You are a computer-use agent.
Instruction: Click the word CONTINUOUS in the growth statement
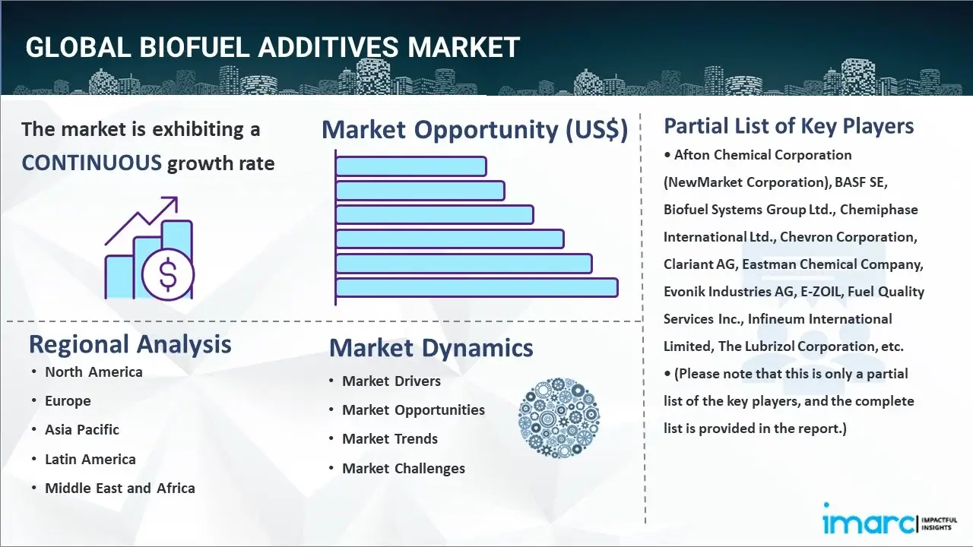[92, 163]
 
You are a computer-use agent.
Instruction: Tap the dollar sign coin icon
[168, 275]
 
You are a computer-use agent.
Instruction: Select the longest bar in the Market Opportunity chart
[477, 288]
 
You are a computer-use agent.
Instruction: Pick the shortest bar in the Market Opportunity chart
[411, 166]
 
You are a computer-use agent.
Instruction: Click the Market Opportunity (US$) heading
[475, 129]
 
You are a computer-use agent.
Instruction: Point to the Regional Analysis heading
[130, 345]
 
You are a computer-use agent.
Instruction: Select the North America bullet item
[93, 372]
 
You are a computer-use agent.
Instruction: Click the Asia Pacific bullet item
[82, 430]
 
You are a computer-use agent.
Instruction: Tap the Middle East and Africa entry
[120, 488]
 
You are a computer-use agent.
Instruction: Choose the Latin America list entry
[90, 459]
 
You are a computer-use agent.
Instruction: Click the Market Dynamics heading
[431, 348]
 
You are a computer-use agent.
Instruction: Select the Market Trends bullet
[390, 439]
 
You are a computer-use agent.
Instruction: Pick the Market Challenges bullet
[404, 469]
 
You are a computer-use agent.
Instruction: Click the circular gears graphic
[559, 418]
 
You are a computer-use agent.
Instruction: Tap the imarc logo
[889, 524]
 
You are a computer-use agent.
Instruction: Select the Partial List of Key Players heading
[789, 126]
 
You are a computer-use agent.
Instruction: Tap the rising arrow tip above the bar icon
[177, 198]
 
